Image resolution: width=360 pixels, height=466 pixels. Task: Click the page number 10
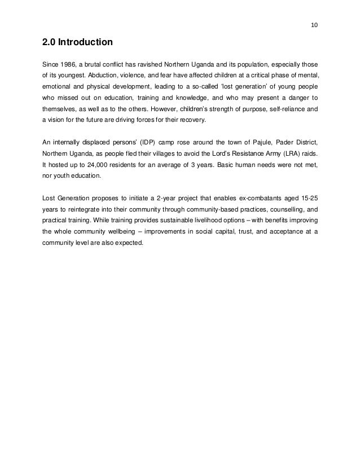314,25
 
